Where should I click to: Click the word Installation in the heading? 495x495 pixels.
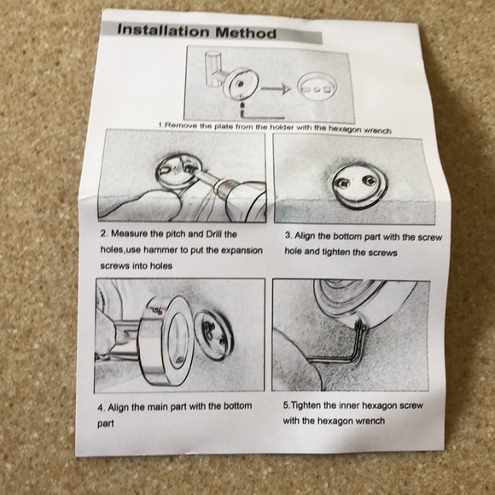click(163, 31)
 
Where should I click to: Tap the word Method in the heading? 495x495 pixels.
click(246, 32)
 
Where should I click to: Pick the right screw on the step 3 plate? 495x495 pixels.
click(369, 180)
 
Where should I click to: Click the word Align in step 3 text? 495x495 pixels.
click(303, 236)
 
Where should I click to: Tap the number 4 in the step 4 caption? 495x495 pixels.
click(101, 408)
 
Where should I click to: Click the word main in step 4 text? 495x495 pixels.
click(158, 406)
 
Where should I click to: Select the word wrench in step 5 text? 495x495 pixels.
click(370, 421)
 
